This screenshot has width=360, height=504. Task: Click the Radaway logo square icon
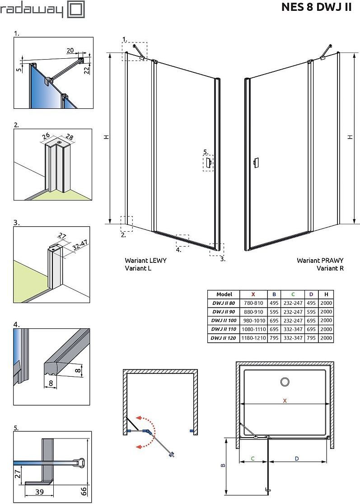pos(75,9)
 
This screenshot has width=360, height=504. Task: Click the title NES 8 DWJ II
pos(316,7)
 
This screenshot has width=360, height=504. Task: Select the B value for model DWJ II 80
pos(274,303)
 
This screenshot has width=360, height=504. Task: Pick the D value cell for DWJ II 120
pos(311,338)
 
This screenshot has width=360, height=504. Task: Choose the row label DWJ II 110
pos(223,329)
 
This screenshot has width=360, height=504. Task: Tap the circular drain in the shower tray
pos(285,382)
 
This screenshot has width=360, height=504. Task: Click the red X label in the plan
pos(285,400)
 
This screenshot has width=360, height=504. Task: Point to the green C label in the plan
pos(252,459)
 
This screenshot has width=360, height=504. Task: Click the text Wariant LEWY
pos(145,261)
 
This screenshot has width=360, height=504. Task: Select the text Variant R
pos(330,268)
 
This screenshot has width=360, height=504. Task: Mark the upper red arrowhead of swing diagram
pos(141,417)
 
